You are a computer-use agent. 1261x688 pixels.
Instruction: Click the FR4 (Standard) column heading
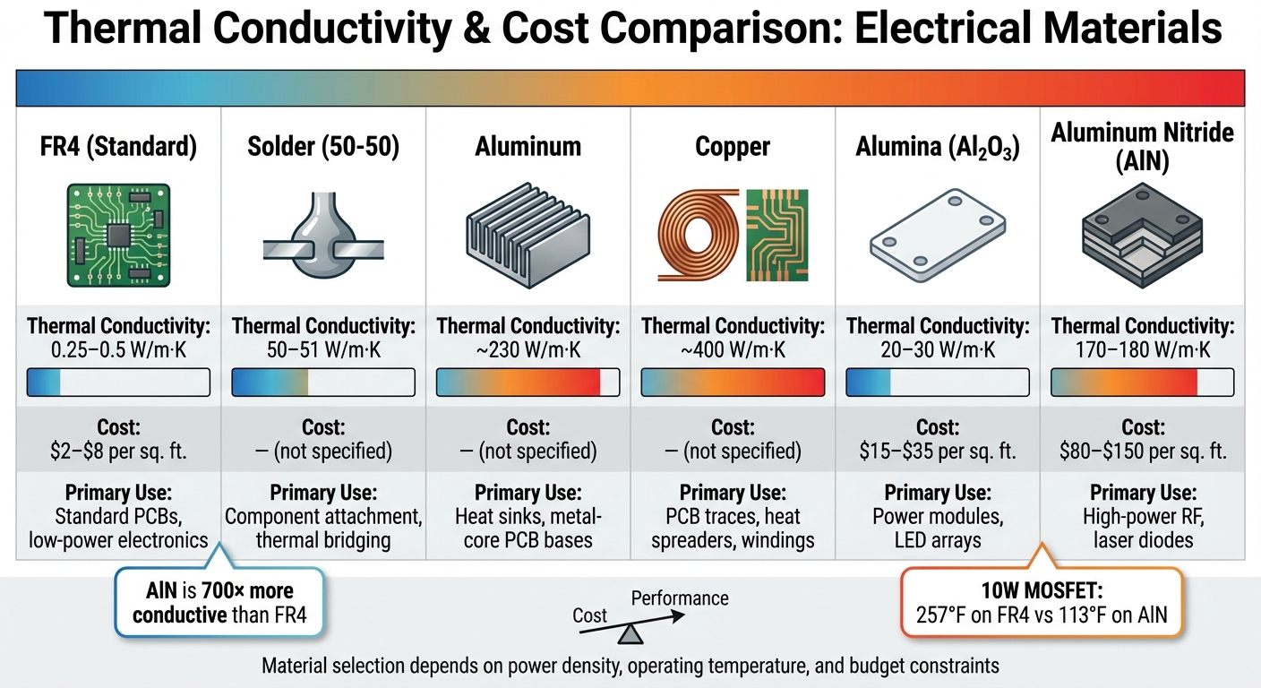[119, 147]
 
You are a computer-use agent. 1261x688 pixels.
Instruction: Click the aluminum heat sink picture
[528, 237]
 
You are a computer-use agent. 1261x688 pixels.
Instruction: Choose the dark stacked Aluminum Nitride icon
[1142, 232]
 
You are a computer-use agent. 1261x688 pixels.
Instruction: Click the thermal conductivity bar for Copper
[733, 383]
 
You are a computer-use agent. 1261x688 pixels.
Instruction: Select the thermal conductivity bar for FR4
[119, 383]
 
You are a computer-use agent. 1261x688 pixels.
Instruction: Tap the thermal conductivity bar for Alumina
[937, 383]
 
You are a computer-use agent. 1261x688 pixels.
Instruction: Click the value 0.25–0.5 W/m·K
[119, 349]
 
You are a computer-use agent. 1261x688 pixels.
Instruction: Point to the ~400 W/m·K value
[733, 349]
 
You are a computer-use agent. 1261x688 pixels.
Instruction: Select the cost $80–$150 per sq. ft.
[1142, 451]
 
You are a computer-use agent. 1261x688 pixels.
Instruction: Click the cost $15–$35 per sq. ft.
[937, 451]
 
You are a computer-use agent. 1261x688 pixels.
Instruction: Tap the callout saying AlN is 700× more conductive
[219, 603]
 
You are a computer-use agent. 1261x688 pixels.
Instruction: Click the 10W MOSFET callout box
[1042, 603]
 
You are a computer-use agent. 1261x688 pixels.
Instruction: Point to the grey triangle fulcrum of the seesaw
[632, 634]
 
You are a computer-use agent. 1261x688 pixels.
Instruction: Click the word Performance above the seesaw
[680, 598]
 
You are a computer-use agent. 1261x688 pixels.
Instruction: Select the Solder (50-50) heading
[323, 147]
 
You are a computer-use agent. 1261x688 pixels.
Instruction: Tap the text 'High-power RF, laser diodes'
[1142, 529]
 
